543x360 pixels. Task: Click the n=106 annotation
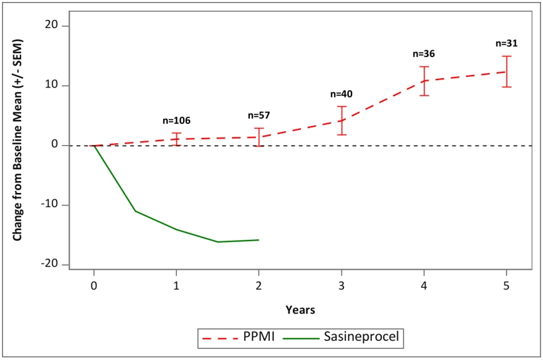176,121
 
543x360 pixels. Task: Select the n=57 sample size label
259,115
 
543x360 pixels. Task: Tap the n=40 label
341,93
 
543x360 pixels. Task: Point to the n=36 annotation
424,54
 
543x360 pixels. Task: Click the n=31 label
507,43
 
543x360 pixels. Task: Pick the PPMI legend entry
239,336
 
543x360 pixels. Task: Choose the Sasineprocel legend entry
341,336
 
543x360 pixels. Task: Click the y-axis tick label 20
52,26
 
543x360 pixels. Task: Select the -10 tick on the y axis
49,205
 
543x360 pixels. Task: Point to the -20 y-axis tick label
49,264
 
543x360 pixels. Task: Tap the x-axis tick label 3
341,286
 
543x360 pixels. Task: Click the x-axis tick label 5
507,286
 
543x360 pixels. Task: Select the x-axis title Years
300,310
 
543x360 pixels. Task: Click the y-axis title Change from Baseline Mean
17,139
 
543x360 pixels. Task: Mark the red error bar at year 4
424,81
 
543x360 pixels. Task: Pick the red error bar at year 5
507,72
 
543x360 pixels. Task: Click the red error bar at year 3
341,121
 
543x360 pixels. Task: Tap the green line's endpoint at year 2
259,240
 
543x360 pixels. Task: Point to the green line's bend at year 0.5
135,211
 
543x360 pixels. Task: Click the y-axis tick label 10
52,86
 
